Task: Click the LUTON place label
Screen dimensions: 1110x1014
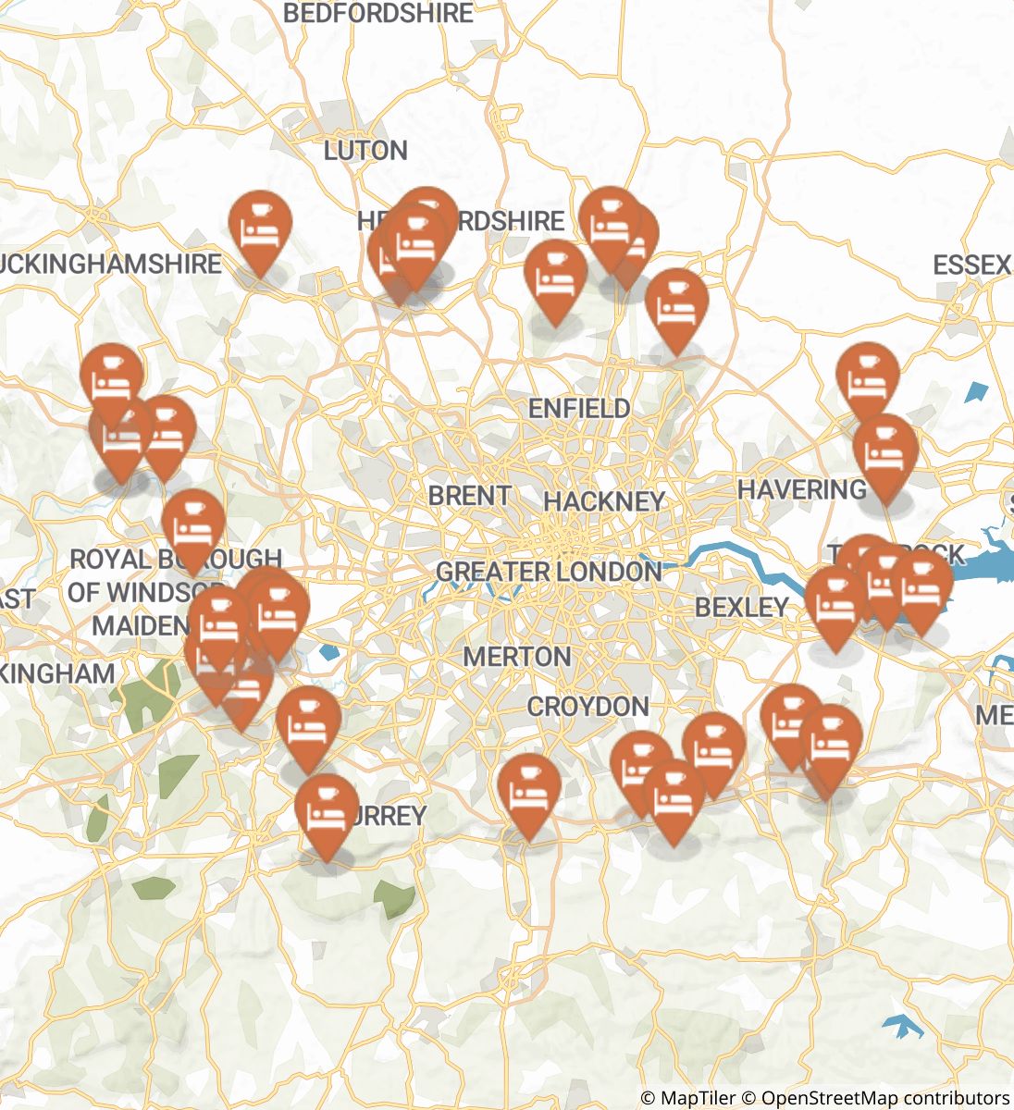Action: coord(365,151)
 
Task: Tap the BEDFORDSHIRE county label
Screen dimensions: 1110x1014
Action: coord(377,14)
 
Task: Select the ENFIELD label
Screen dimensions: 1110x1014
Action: coord(579,408)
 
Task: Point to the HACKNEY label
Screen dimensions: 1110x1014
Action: coord(604,501)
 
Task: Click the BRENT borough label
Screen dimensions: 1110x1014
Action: coord(469,496)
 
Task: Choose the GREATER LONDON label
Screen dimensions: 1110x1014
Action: coord(548,572)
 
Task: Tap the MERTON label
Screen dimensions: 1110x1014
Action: coord(516,657)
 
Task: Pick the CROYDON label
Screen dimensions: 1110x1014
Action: coord(587,707)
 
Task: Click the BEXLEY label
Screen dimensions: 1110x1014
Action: coord(741,607)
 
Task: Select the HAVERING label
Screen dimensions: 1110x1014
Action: coord(801,488)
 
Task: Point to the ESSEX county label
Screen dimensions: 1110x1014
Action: coord(971,265)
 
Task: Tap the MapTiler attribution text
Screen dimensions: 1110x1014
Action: coord(689,1098)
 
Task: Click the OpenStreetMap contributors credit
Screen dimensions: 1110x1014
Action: coord(884,1098)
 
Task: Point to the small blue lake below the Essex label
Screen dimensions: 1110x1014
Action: coord(976,391)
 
